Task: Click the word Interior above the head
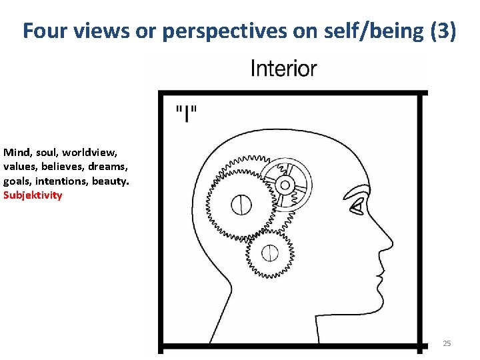point(283,68)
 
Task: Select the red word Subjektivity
point(33,195)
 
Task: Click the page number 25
point(447,343)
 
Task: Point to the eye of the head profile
point(358,208)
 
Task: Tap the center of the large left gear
point(241,205)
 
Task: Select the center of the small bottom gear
point(270,253)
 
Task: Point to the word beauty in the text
point(110,181)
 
